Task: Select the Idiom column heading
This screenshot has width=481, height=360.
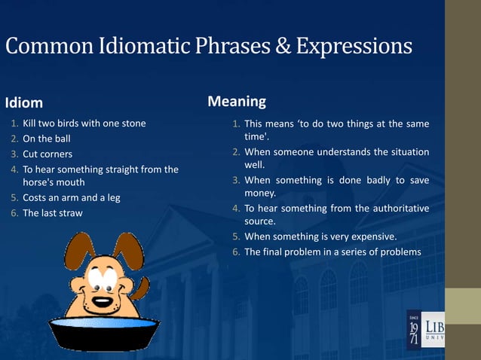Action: [24, 102]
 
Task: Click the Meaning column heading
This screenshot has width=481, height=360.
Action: [237, 101]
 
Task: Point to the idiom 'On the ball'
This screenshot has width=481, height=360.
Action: [48, 139]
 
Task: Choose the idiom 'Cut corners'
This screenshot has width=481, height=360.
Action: [47, 154]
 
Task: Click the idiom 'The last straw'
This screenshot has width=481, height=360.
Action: [53, 213]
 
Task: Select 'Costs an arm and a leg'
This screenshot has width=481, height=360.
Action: [72, 198]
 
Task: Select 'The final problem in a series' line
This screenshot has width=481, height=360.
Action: [332, 252]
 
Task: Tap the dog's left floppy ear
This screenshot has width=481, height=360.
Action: [78, 256]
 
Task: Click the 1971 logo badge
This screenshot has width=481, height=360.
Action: [416, 330]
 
